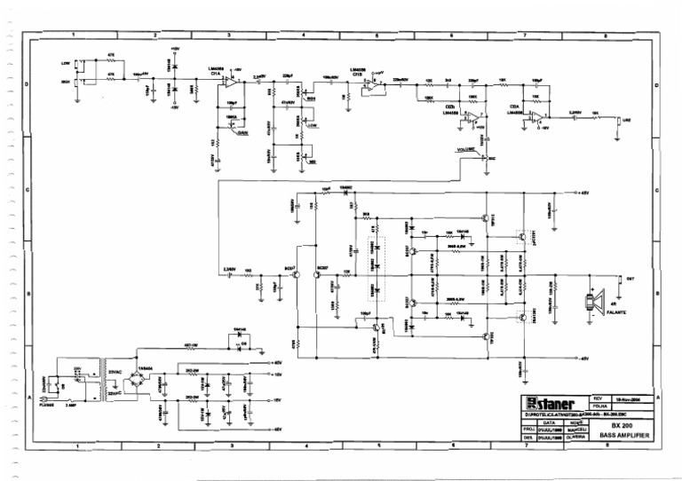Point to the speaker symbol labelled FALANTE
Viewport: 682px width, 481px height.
(589, 301)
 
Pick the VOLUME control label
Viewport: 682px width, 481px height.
(467, 152)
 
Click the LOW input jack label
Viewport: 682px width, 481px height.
(66, 63)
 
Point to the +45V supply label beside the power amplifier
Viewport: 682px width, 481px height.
(583, 193)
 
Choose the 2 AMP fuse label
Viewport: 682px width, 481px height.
(72, 404)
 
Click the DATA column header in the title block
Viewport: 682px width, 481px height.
(549, 422)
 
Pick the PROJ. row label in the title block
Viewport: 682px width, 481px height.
(527, 430)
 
